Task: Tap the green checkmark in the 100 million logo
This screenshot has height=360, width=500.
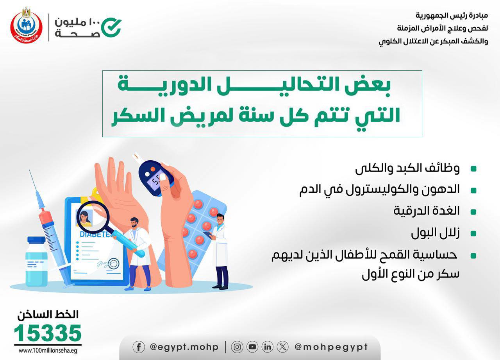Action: pyautogui.click(x=111, y=27)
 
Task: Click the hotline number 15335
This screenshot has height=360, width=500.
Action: pyautogui.click(x=48, y=333)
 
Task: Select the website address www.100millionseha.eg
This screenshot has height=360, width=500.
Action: pyautogui.click(x=48, y=351)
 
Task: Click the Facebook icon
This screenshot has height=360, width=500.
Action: pyautogui.click(x=139, y=347)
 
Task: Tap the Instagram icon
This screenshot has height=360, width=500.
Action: pyautogui.click(x=237, y=347)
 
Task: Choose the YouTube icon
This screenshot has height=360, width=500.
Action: pyautogui.click(x=252, y=347)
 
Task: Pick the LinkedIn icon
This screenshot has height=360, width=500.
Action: pyautogui.click(x=268, y=347)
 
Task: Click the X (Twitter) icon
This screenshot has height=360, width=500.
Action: pyautogui.click(x=282, y=347)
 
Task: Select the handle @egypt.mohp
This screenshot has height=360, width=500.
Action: pyautogui.click(x=184, y=347)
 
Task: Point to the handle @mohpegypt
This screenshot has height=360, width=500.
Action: pyautogui.click(x=331, y=347)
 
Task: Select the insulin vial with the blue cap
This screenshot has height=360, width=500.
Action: pyautogui.click(x=37, y=261)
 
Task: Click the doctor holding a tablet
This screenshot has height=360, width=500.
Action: pyautogui.click(x=220, y=251)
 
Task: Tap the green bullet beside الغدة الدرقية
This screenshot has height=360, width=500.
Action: pyautogui.click(x=473, y=212)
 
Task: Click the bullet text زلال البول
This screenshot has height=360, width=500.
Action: pyautogui.click(x=435, y=233)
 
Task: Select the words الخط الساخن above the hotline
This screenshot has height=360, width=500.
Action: pyautogui.click(x=48, y=314)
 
